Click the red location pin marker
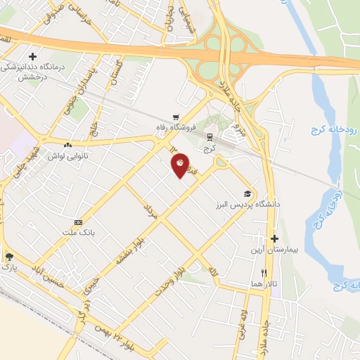[180, 165]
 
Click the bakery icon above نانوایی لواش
[67, 144]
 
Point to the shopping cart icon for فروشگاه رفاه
[176, 117]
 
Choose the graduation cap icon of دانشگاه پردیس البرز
[247, 193]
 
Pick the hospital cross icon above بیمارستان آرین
[275, 239]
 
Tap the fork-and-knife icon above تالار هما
[264, 272]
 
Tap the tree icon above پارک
[8, 257]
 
